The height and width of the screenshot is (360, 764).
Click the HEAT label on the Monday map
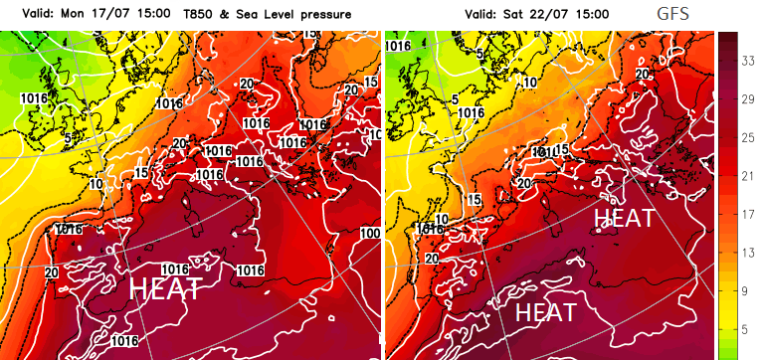[x=167, y=289]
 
